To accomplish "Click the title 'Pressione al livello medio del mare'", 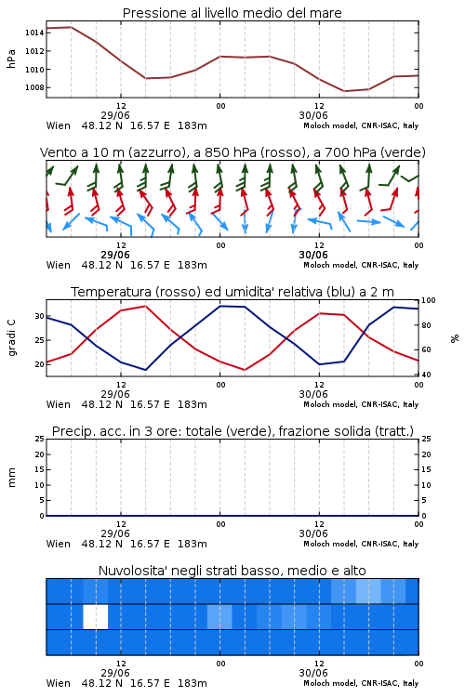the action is click(x=232, y=13).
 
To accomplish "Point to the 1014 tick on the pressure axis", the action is click(x=34, y=33).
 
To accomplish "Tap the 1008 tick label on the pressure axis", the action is click(x=34, y=87).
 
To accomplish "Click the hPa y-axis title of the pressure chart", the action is click(x=11, y=59).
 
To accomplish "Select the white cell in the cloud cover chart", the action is click(x=96, y=616).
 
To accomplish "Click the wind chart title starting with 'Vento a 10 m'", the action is click(x=232, y=152).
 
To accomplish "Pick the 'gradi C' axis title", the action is click(x=11, y=337).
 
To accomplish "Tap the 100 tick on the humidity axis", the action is click(x=429, y=300).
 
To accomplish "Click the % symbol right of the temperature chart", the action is click(x=455, y=338).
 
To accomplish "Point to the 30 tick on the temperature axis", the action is click(x=40, y=316).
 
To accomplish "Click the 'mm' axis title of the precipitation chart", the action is click(x=11, y=477).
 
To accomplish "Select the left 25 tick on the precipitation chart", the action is click(x=40, y=439).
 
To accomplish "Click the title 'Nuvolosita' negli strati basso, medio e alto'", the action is click(x=232, y=571).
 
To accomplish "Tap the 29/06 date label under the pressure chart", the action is click(x=115, y=115).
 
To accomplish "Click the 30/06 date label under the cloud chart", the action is click(x=313, y=673).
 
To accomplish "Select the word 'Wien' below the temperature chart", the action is click(x=59, y=404).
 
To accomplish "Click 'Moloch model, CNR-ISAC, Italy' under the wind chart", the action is click(x=361, y=265).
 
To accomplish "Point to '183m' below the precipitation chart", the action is click(x=193, y=544).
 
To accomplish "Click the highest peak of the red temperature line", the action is click(x=145, y=306).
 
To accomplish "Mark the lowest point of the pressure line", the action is click(x=344, y=91).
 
